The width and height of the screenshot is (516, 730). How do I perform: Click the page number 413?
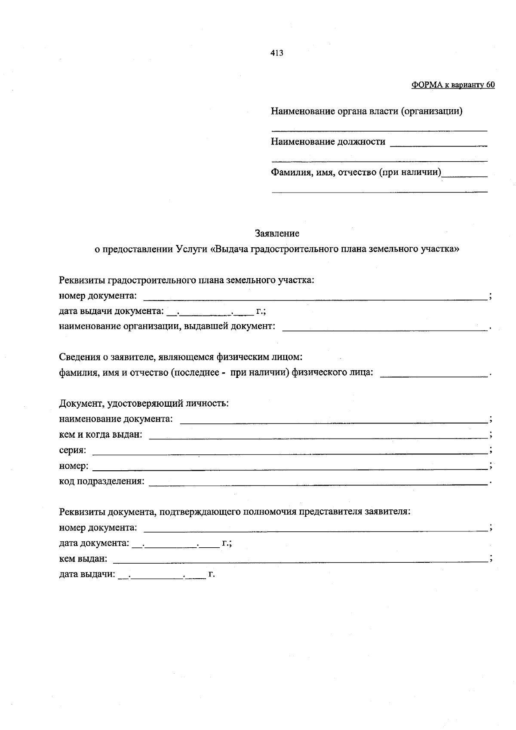click(x=277, y=53)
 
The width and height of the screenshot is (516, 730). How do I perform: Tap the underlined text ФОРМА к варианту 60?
click(x=453, y=85)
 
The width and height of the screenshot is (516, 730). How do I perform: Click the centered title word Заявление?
click(x=277, y=233)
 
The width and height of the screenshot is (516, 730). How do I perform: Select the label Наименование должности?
click(x=328, y=141)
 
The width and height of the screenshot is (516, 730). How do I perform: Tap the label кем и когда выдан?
click(x=101, y=434)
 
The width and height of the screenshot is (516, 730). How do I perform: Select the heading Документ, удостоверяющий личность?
click(x=144, y=403)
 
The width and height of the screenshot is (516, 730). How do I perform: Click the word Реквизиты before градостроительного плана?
click(x=82, y=280)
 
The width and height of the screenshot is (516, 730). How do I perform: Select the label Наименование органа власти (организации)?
click(x=366, y=111)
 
